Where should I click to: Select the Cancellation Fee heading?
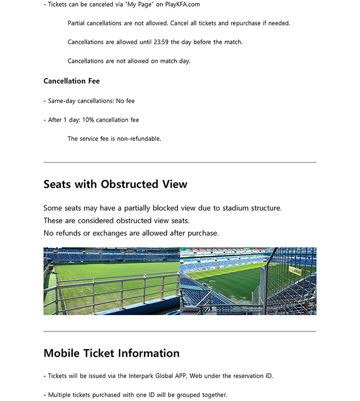(71, 81)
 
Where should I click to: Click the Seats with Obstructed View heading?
(115, 184)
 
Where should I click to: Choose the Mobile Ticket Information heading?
(112, 353)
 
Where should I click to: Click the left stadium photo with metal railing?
(112, 281)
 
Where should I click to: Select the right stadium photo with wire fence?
(248, 281)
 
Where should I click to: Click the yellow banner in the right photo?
(295, 270)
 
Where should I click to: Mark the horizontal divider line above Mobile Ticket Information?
(180, 332)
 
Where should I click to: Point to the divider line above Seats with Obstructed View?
(180, 162)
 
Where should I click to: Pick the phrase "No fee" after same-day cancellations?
(125, 101)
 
